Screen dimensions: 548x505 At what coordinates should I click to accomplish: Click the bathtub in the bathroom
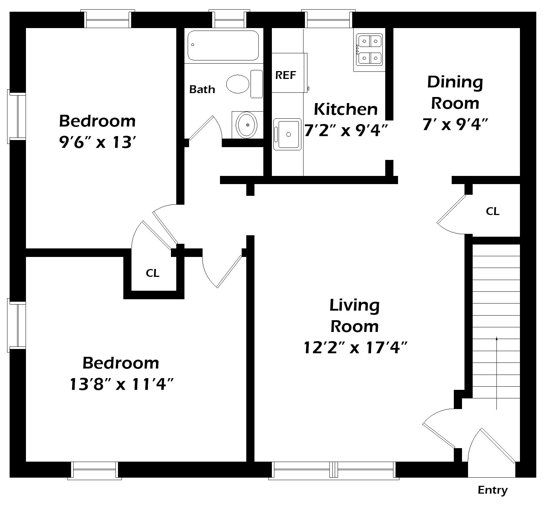click(223, 45)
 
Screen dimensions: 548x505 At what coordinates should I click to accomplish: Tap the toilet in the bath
click(245, 84)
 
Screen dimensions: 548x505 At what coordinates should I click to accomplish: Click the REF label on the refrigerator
click(286, 75)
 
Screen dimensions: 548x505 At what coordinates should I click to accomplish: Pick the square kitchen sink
click(287, 134)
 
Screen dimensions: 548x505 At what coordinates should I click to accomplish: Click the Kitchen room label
click(345, 109)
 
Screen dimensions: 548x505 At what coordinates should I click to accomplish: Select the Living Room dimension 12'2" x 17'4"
click(355, 348)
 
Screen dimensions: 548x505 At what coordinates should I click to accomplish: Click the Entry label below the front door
click(493, 490)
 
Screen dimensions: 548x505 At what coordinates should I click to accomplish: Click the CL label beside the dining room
click(493, 211)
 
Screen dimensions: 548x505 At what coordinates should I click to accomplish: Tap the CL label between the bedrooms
click(152, 273)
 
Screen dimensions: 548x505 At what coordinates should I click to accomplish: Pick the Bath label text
click(202, 89)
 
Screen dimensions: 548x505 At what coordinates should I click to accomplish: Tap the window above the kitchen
click(329, 19)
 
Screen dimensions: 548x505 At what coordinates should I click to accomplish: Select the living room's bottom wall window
click(333, 470)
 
